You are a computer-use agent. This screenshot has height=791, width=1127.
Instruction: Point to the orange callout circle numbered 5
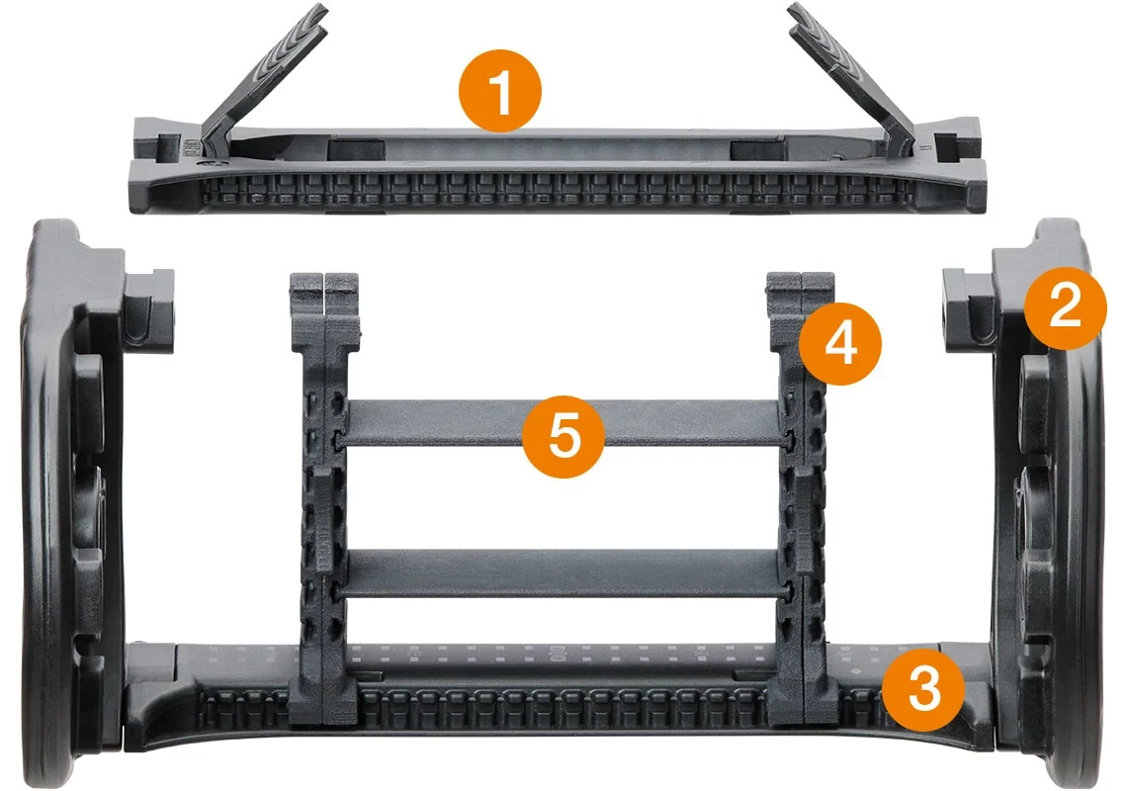point(563,436)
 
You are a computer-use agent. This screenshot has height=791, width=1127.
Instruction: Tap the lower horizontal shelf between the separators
point(561,573)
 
